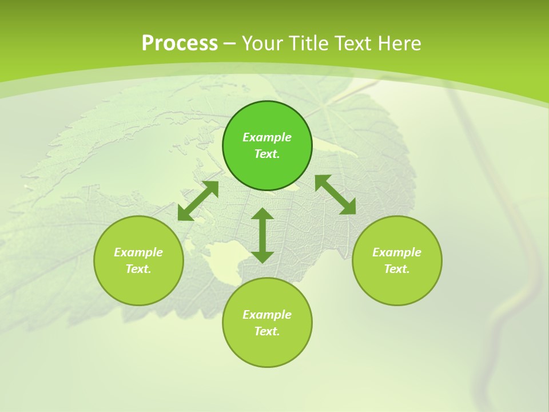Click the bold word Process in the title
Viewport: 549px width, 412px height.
(180, 43)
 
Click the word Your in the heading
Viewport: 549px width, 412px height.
(264, 43)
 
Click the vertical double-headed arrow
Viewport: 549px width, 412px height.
(262, 235)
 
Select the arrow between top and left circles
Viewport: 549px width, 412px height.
(198, 200)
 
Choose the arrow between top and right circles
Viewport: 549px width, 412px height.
(336, 195)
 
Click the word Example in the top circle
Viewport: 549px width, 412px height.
(267, 137)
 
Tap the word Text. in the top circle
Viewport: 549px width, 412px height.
(267, 154)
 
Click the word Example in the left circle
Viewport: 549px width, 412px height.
(138, 252)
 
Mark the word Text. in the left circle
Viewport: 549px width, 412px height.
(138, 269)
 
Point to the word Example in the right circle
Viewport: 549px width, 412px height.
(397, 252)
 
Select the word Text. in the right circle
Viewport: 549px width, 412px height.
(397, 269)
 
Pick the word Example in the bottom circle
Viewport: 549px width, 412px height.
(267, 315)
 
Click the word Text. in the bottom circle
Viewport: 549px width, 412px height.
(267, 331)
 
